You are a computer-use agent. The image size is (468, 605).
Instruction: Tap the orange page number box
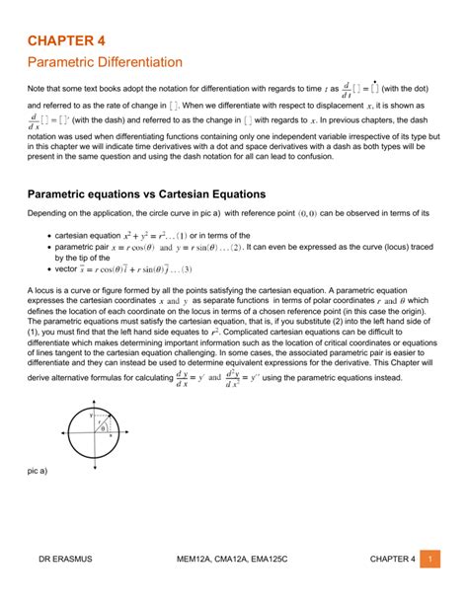point(430,560)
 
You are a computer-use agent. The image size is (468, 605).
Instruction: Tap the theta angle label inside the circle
point(102,429)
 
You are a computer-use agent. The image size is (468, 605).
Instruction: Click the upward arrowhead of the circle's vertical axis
point(94,404)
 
